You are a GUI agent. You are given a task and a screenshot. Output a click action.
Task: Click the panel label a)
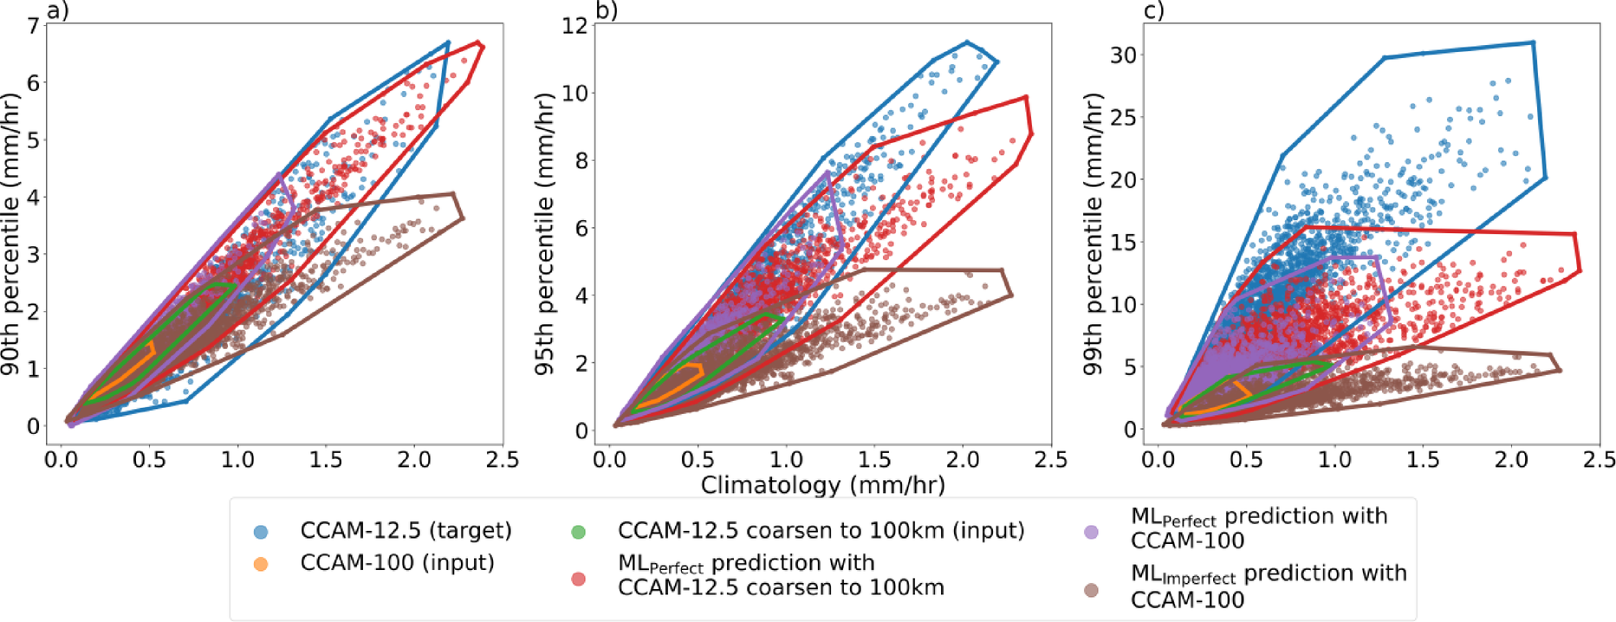click(x=57, y=10)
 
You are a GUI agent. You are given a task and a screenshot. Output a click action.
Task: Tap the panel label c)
click(x=1153, y=10)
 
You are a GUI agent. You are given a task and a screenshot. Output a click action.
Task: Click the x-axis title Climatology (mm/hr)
click(x=822, y=484)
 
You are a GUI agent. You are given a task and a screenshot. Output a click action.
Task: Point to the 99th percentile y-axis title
click(x=1094, y=234)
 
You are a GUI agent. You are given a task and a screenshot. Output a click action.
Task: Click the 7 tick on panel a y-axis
click(x=33, y=26)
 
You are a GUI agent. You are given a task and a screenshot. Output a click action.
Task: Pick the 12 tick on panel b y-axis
click(x=574, y=26)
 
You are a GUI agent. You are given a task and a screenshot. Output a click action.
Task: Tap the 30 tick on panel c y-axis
click(x=1123, y=55)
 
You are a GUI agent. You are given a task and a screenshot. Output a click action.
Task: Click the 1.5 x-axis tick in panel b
click(x=874, y=460)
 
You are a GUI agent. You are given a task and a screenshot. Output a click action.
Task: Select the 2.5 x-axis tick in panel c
click(x=1600, y=460)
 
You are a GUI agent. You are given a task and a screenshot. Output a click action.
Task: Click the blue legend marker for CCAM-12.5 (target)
click(x=260, y=531)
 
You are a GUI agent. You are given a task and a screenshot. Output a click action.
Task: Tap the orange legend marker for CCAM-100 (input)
click(x=260, y=564)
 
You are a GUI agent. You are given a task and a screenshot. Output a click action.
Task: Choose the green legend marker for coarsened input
click(x=578, y=531)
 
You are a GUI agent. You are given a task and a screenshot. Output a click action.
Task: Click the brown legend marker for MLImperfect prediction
click(x=1091, y=589)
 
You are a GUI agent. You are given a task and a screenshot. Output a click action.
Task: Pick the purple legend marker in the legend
click(x=1091, y=531)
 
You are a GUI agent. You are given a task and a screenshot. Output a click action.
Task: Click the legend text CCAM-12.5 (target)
click(x=406, y=530)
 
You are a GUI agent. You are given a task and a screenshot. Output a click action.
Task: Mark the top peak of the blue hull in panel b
click(x=967, y=42)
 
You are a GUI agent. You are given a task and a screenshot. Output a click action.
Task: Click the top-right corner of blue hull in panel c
click(x=1533, y=42)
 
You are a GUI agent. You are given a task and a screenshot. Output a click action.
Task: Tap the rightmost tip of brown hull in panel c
click(x=1560, y=370)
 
